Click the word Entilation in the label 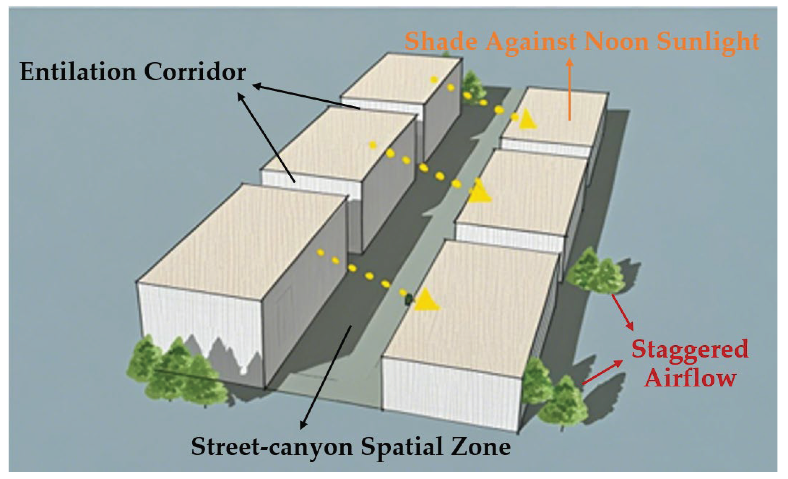78,72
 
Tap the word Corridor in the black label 195,72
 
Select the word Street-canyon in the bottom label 272,447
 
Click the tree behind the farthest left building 474,85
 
